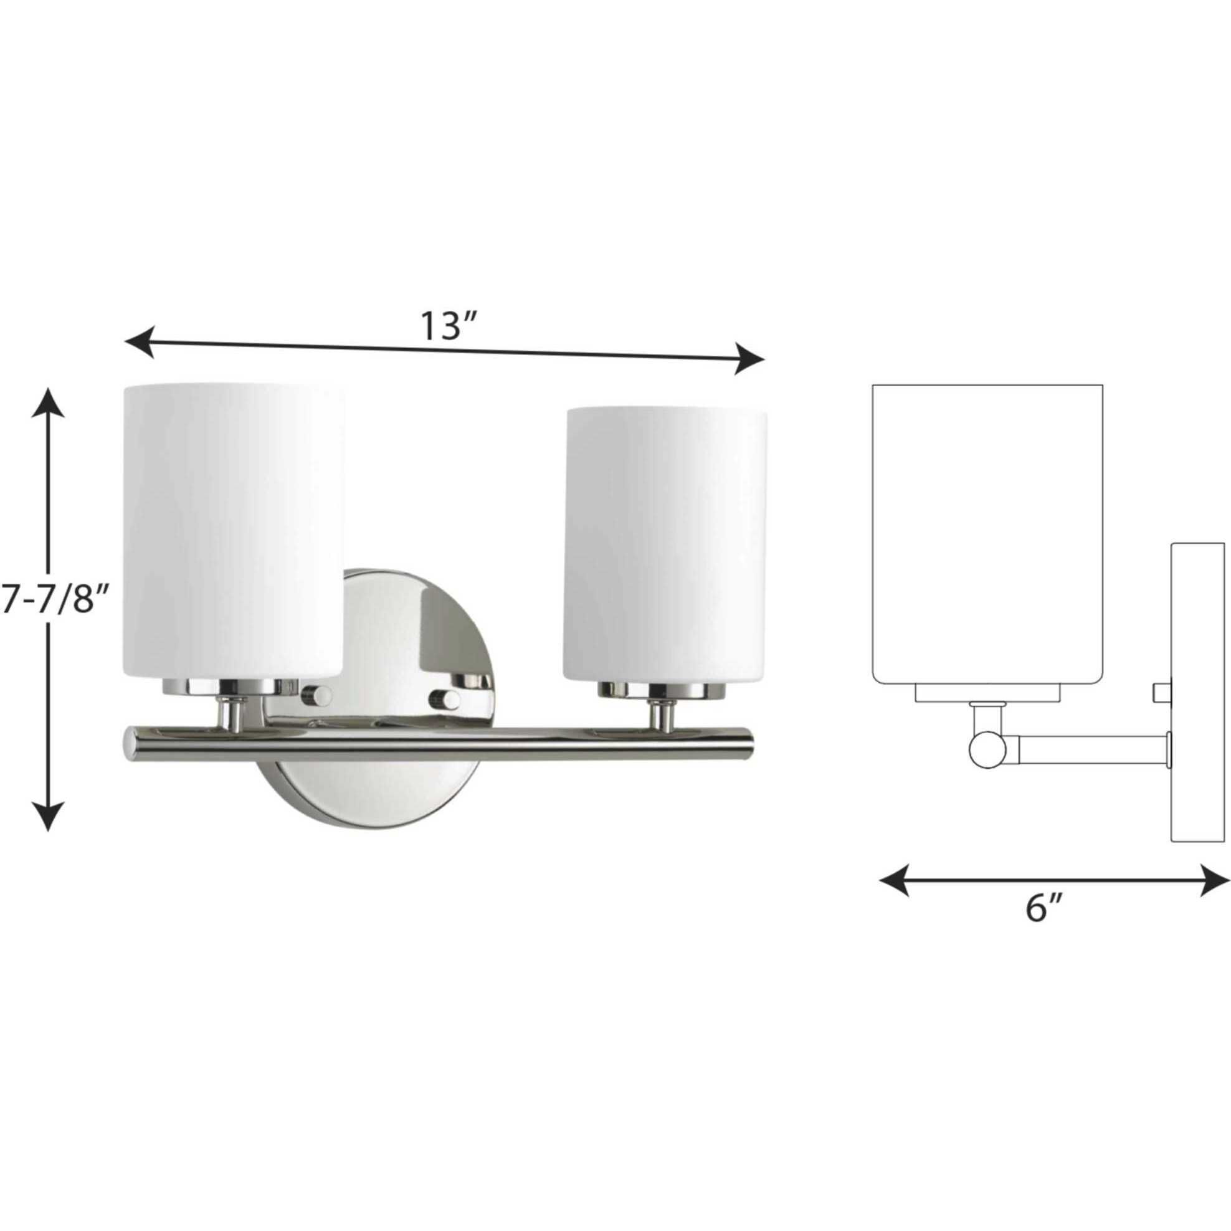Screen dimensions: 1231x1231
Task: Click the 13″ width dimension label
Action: pyautogui.click(x=448, y=327)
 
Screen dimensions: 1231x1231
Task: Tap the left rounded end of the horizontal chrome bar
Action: pyautogui.click(x=130, y=744)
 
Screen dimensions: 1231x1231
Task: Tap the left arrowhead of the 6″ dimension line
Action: pyautogui.click(x=893, y=880)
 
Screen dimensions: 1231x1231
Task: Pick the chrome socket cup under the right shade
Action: pyautogui.click(x=663, y=690)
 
